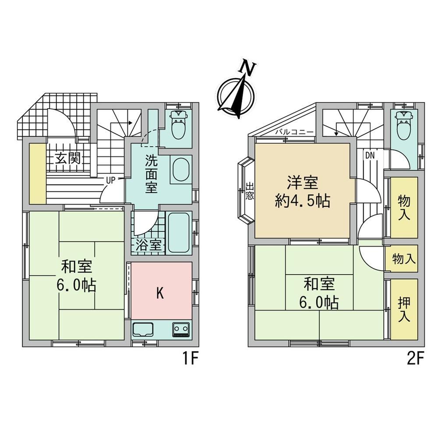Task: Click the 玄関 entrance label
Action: coord(68,159)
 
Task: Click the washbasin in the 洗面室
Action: coord(181,170)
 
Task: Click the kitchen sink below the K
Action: coord(143,330)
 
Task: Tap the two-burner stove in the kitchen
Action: coord(181,330)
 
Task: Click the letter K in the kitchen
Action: coord(160,293)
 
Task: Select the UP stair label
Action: coord(111,180)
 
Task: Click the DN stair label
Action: coord(370,155)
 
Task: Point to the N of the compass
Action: coord(247,67)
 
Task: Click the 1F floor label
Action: coord(191,359)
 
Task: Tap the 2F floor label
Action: coord(416,359)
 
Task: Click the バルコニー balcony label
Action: coord(294,132)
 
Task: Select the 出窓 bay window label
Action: coord(250,191)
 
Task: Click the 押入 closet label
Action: coord(404,309)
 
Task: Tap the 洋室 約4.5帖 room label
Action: coord(303,192)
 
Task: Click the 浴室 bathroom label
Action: coord(149,245)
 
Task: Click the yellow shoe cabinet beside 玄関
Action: coord(38,174)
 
